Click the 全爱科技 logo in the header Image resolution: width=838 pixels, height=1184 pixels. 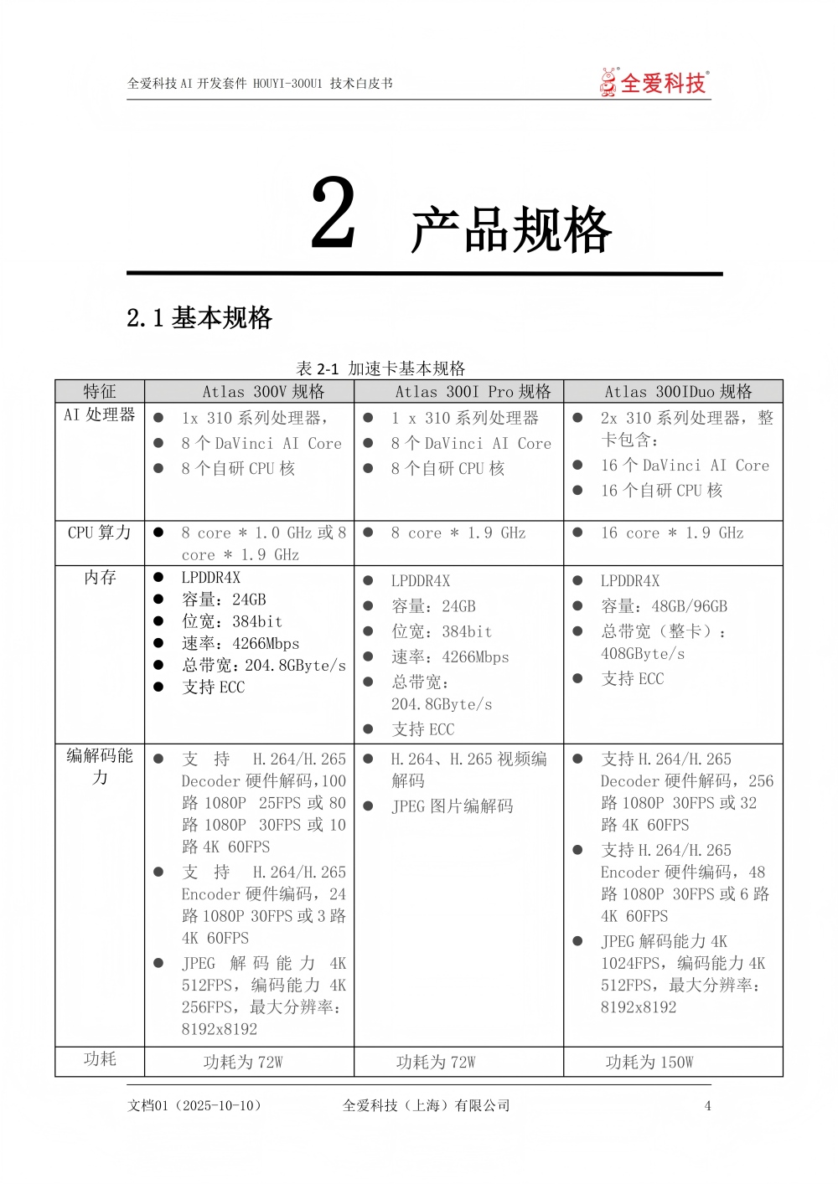point(654,83)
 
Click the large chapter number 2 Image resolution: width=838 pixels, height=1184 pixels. point(334,214)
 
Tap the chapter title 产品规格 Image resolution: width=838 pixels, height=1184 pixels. point(511,229)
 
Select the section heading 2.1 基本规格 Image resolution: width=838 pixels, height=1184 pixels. point(199,318)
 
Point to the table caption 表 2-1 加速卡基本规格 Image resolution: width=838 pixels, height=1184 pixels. point(380,368)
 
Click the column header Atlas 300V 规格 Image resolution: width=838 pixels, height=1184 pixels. point(263,392)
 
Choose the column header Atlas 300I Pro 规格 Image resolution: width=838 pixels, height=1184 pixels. point(473,392)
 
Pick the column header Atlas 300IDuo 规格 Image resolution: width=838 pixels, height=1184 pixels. point(678,392)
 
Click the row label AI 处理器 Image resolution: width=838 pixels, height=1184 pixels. point(100,415)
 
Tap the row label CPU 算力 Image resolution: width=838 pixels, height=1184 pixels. point(100,533)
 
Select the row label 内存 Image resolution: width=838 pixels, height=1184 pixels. point(100,578)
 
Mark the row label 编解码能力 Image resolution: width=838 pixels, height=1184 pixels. point(100,766)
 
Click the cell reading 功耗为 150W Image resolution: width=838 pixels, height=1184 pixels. point(649,1063)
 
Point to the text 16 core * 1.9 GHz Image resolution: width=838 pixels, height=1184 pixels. point(672,533)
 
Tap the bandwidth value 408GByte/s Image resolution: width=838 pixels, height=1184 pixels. point(643,654)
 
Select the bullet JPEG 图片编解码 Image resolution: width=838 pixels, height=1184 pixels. point(452,806)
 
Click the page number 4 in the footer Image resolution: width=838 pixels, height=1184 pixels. point(707,1106)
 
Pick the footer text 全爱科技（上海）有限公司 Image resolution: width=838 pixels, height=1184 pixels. point(427,1106)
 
